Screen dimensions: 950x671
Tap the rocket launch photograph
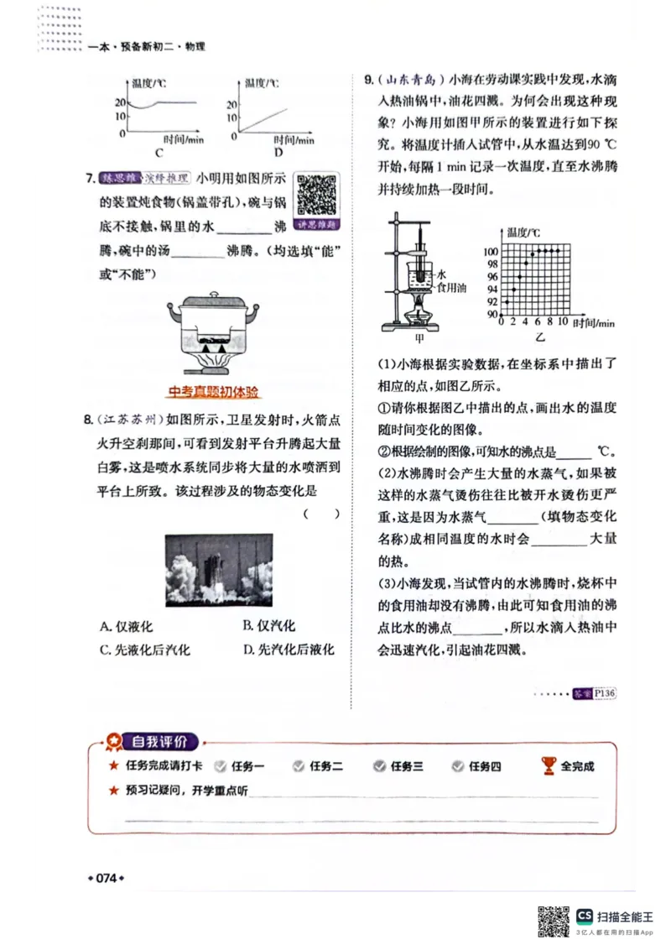tap(219, 570)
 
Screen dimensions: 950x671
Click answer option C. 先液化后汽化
tap(144, 650)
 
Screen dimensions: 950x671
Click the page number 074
tap(106, 878)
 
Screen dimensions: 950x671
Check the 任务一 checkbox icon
tap(221, 766)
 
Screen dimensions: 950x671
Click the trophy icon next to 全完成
tap(549, 765)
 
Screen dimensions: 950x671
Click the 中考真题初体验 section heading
tap(214, 392)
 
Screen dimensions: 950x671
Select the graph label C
tap(159, 153)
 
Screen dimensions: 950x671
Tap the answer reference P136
tap(604, 693)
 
